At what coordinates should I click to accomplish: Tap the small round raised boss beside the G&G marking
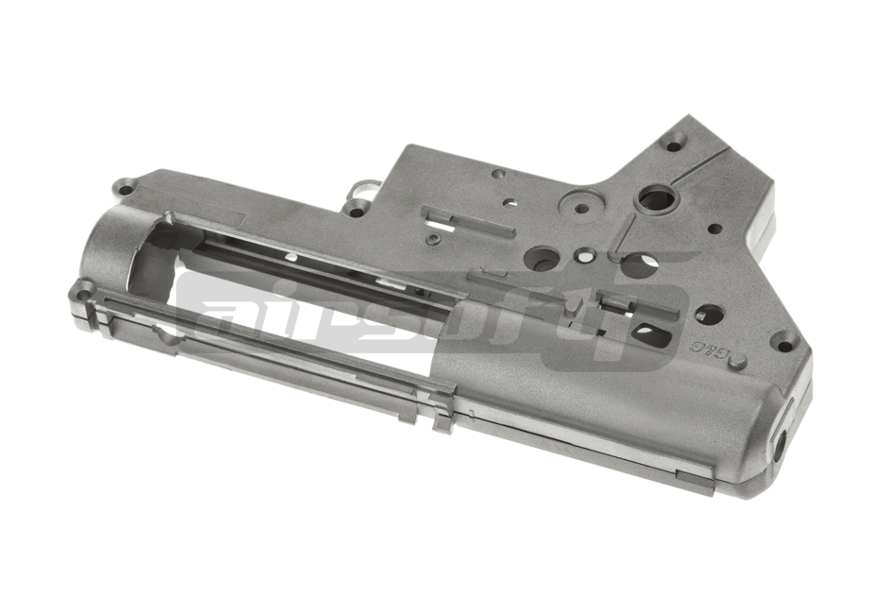coord(738,361)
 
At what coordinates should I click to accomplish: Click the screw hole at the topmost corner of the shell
coord(673,145)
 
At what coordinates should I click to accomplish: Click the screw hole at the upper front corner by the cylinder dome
coord(123,184)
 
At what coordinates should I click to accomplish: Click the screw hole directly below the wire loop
coord(355,210)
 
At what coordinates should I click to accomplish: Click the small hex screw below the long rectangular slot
coord(433,239)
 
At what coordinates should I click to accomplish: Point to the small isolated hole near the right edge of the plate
coord(715,228)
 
